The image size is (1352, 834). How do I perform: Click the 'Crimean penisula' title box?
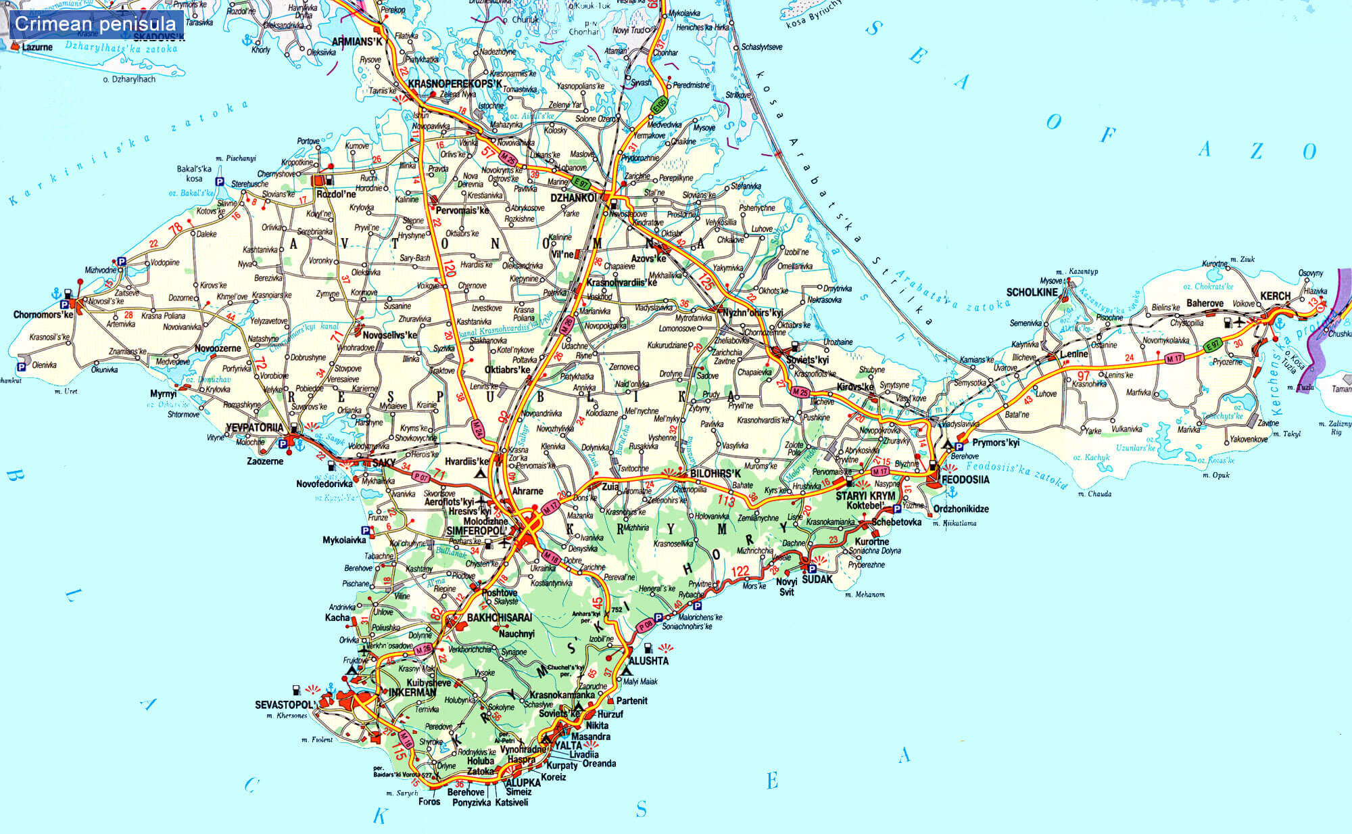pyautogui.click(x=95, y=24)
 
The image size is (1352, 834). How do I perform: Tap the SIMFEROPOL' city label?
pyautogui.click(x=475, y=531)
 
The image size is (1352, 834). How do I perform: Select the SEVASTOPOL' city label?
pyautogui.click(x=285, y=705)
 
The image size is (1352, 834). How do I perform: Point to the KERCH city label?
pyautogui.click(x=1275, y=296)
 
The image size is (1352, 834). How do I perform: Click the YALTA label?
pyautogui.click(x=568, y=745)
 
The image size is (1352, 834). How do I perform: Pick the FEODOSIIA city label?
pyautogui.click(x=965, y=480)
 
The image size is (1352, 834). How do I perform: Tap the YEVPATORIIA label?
pyautogui.click(x=254, y=427)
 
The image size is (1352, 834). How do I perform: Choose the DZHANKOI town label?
pyautogui.click(x=573, y=198)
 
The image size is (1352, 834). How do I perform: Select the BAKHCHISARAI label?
pyautogui.click(x=500, y=618)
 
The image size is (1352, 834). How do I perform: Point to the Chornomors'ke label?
pyautogui.click(x=43, y=315)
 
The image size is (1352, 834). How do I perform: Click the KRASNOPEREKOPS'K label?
pyautogui.click(x=455, y=84)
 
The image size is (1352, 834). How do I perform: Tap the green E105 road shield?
pyautogui.click(x=659, y=105)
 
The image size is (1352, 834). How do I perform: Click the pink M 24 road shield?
pyautogui.click(x=478, y=428)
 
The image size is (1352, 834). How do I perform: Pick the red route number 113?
pyautogui.click(x=726, y=501)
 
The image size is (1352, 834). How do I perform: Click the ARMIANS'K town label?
pyautogui.click(x=357, y=42)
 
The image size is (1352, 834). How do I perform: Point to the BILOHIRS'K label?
pyautogui.click(x=715, y=473)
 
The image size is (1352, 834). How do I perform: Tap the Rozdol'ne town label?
pyautogui.click(x=336, y=194)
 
